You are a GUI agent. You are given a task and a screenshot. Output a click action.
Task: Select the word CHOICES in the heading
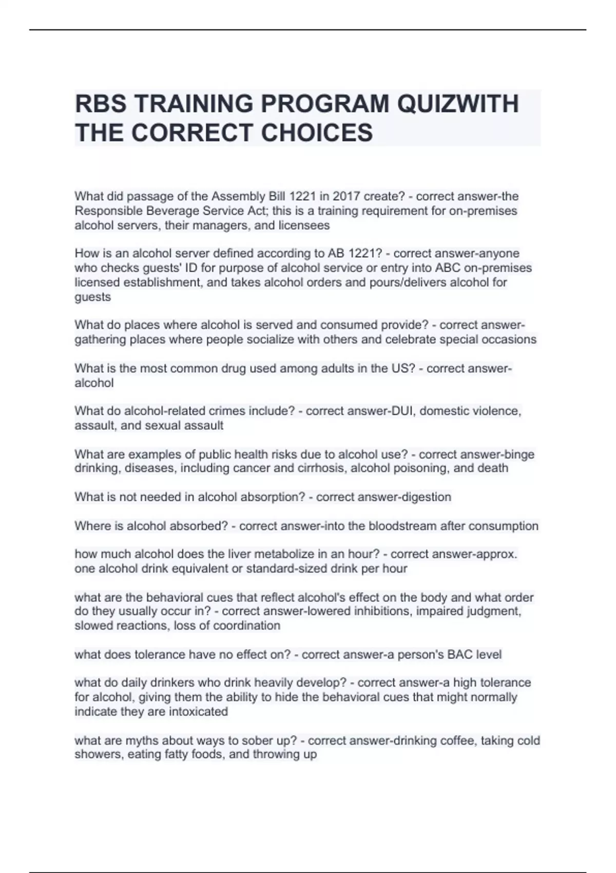[317, 132]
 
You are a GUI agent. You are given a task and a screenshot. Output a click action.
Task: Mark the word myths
[143, 741]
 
